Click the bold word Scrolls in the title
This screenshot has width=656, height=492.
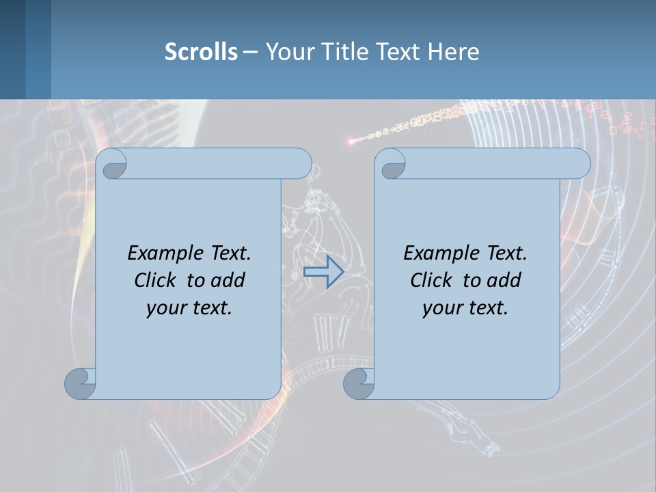202,52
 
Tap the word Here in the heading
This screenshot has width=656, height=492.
454,52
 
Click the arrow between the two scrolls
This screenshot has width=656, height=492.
323,272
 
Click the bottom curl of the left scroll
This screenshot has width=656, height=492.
80,383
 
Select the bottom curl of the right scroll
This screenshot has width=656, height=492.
359,383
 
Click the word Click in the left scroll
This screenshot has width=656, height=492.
154,280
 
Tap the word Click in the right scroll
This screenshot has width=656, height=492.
430,280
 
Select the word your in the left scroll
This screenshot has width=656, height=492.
166,308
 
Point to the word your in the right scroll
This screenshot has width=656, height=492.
442,308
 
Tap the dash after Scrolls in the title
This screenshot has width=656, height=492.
251,52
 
